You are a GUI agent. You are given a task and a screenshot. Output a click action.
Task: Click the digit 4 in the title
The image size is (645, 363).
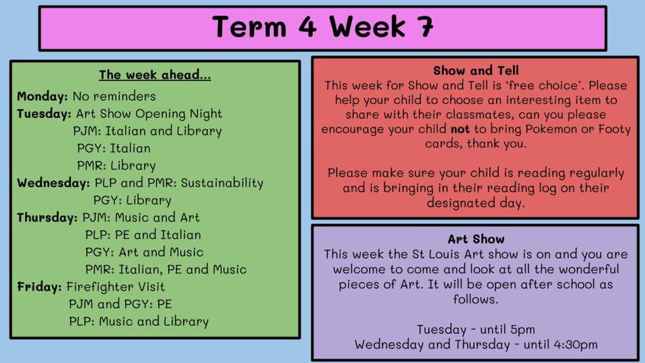pyautogui.click(x=307, y=26)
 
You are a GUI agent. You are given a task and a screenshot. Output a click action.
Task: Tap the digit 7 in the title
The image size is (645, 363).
pyautogui.click(x=424, y=26)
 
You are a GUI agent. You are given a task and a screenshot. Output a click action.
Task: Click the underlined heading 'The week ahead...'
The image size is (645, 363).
pyautogui.click(x=155, y=75)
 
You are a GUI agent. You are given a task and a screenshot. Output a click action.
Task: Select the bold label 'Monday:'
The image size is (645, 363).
pyautogui.click(x=42, y=96)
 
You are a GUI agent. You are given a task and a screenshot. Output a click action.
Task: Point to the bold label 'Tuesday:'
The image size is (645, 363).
pyautogui.click(x=44, y=114)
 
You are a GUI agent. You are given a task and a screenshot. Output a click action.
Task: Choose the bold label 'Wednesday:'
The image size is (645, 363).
pyautogui.click(x=53, y=183)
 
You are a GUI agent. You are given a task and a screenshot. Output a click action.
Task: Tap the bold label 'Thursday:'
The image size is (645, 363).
pyautogui.click(x=47, y=217)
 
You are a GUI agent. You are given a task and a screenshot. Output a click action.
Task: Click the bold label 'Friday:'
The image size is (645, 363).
pyautogui.click(x=39, y=287)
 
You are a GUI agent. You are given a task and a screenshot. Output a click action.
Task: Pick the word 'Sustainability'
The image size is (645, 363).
pyautogui.click(x=222, y=183)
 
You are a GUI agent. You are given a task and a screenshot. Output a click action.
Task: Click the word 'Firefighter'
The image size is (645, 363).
pyautogui.click(x=100, y=287)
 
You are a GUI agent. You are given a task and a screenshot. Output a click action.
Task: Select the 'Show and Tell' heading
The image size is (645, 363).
pyautogui.click(x=476, y=70)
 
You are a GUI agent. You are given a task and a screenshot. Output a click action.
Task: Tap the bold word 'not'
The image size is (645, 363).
pyautogui.click(x=460, y=130)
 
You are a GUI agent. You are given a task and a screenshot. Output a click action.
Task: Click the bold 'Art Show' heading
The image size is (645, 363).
pyautogui.click(x=476, y=239)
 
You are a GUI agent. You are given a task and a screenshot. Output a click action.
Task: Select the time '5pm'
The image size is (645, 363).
pyautogui.click(x=522, y=330)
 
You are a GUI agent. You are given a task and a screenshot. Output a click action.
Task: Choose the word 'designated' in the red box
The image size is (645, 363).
pyautogui.click(x=461, y=203)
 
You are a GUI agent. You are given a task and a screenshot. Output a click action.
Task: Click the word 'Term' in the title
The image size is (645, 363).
pyautogui.click(x=249, y=26)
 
